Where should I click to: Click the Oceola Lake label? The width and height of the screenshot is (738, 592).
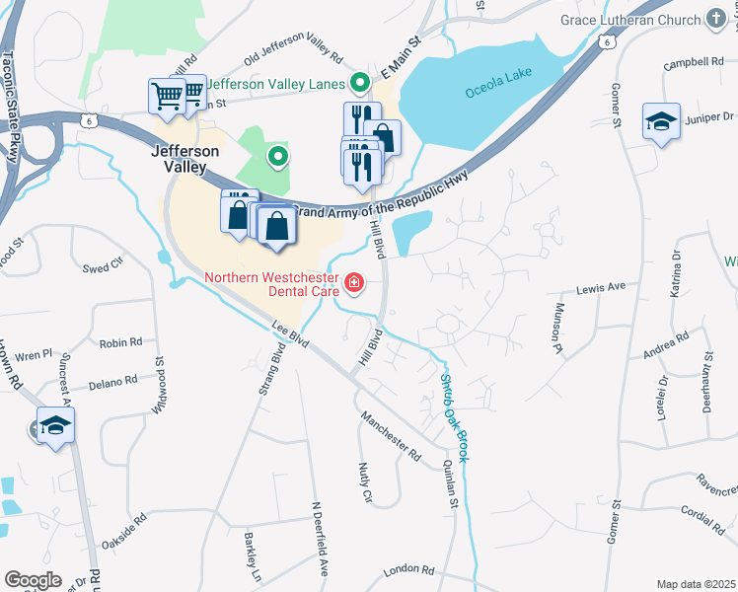pyautogui.click(x=500, y=91)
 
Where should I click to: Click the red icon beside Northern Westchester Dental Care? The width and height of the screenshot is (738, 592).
pyautogui.click(x=354, y=286)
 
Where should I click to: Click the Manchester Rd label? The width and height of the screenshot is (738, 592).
pyautogui.click(x=390, y=437)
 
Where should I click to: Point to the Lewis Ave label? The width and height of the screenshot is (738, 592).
pyautogui.click(x=601, y=287)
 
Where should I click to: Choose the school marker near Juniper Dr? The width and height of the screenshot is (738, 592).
pyautogui.click(x=661, y=122)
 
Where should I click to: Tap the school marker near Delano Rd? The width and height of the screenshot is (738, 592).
pyautogui.click(x=55, y=426)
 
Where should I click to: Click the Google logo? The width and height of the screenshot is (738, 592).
pyautogui.click(x=32, y=580)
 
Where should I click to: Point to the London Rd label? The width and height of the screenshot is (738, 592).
pyautogui.click(x=408, y=570)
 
